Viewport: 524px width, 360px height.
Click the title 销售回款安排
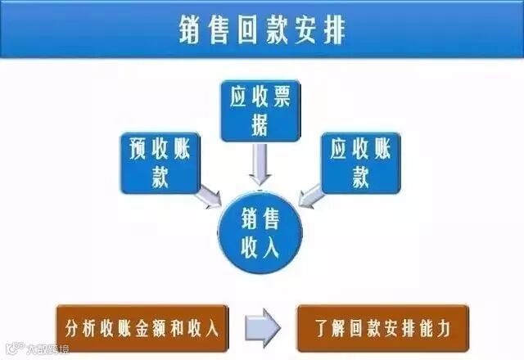pos(262,31)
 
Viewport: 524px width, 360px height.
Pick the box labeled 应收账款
pos(360,163)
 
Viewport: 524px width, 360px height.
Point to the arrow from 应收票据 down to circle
pos(261,164)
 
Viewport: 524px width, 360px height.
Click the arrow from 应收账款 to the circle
pos(313,195)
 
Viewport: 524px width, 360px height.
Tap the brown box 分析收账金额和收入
pos(139,329)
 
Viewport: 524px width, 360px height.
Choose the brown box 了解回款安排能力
pos(382,329)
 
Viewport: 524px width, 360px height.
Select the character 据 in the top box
pos(261,126)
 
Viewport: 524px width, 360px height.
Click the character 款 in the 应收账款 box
pos(360,177)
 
